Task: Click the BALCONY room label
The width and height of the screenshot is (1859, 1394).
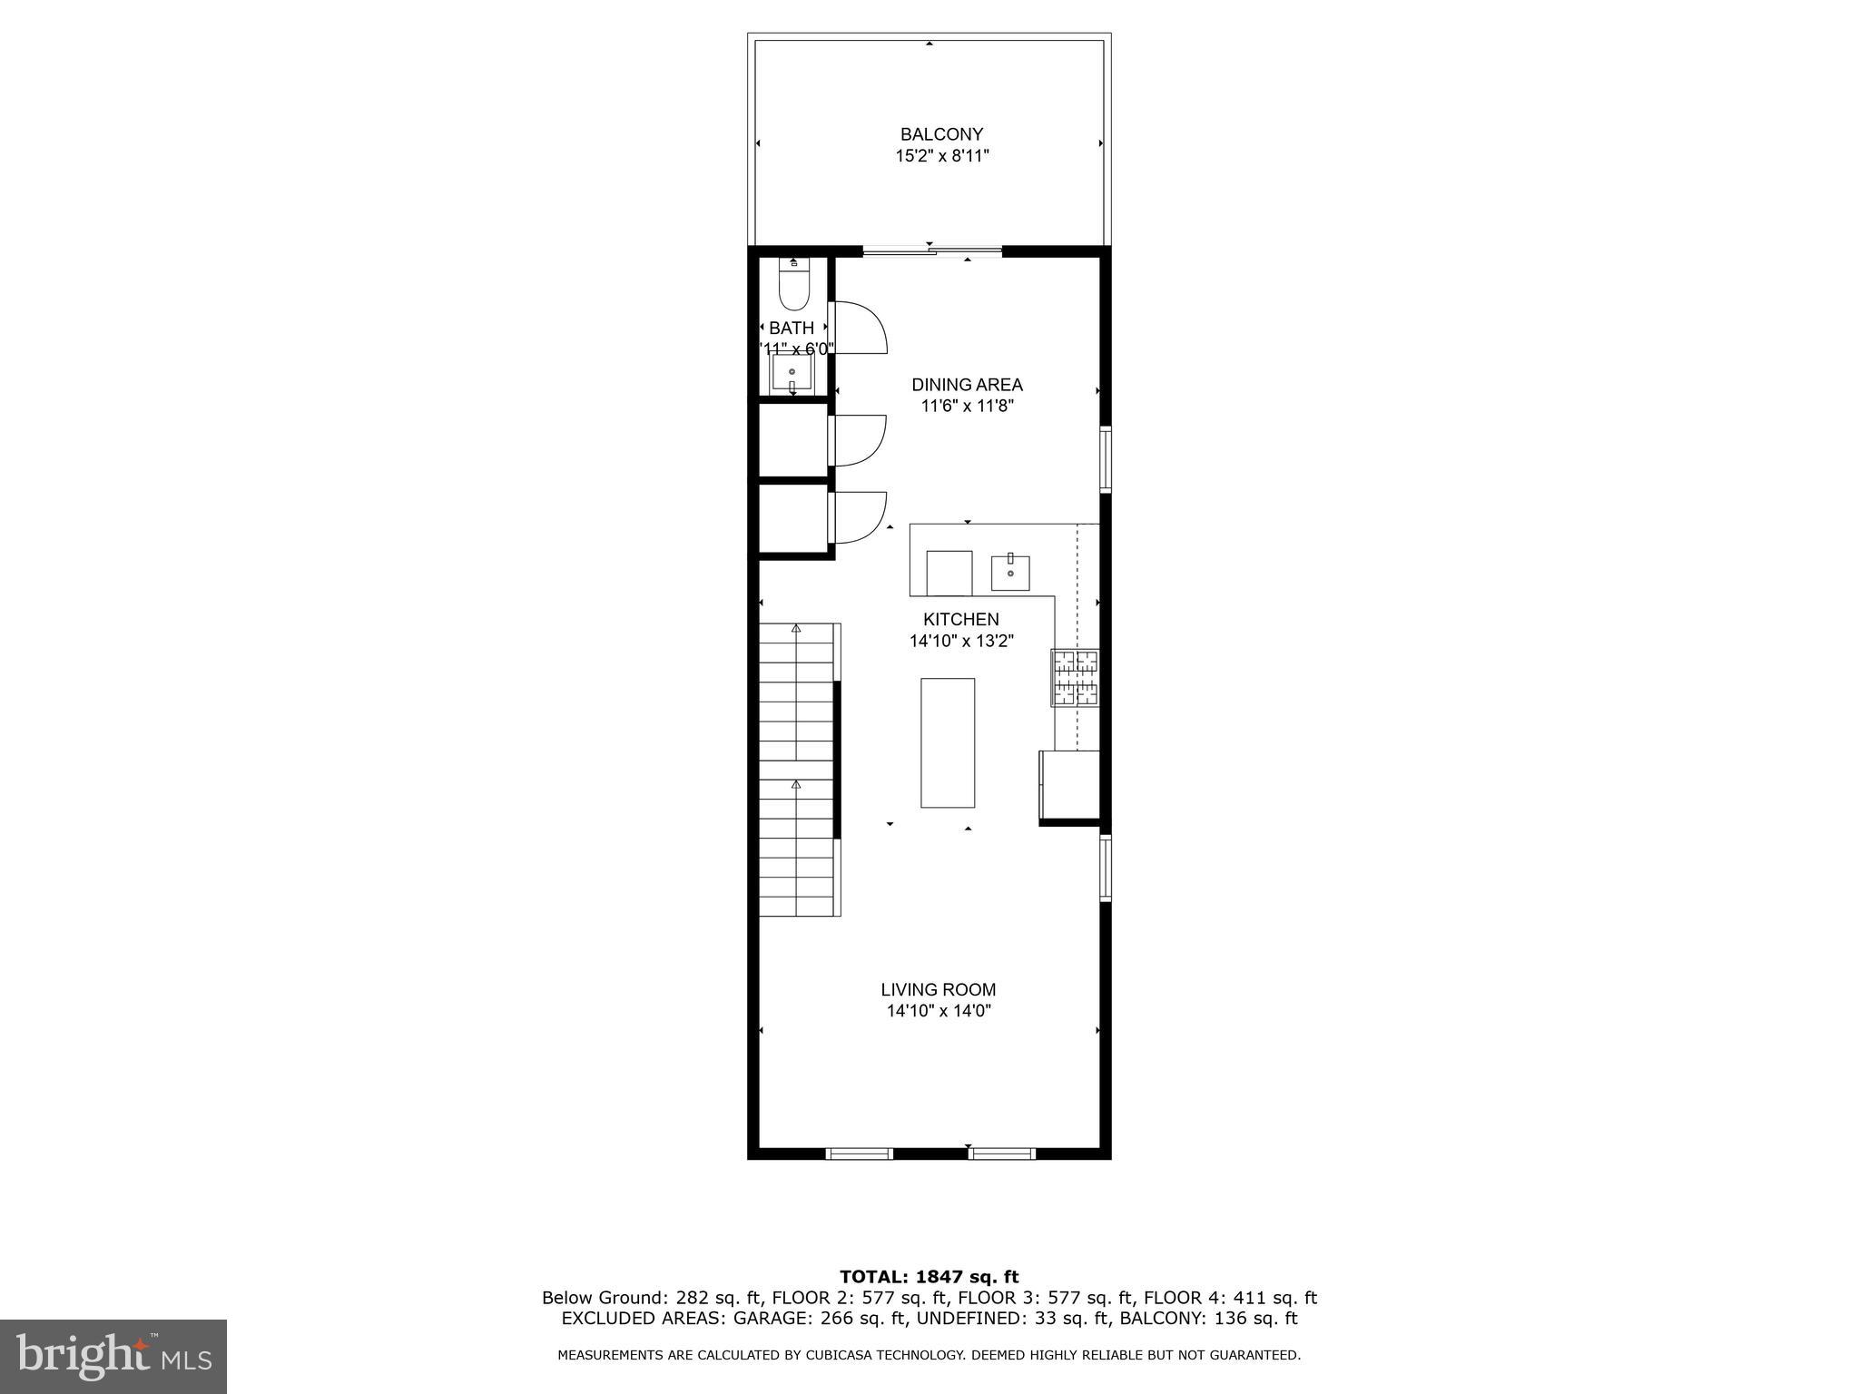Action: [941, 134]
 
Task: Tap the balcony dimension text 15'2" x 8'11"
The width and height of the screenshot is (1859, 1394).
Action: [941, 156]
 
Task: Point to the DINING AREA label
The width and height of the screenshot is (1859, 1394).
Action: [967, 385]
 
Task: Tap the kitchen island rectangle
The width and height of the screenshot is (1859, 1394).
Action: [948, 742]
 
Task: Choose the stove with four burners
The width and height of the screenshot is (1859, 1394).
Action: [1076, 677]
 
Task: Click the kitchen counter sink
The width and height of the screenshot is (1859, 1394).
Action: [1010, 572]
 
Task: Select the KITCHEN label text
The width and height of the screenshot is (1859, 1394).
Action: [960, 620]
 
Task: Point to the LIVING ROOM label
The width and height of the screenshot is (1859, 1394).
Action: [938, 989]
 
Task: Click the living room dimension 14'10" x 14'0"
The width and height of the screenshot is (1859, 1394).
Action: [938, 1011]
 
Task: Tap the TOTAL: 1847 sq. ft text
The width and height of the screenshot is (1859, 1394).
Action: [929, 1277]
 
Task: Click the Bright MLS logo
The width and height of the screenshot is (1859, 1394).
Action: [113, 1356]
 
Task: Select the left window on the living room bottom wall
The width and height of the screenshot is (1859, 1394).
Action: [859, 1153]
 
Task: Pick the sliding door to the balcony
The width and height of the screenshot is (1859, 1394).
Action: [931, 251]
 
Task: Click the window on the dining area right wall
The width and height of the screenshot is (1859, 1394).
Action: [1106, 459]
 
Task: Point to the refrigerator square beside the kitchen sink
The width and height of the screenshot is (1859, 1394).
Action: [949, 573]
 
